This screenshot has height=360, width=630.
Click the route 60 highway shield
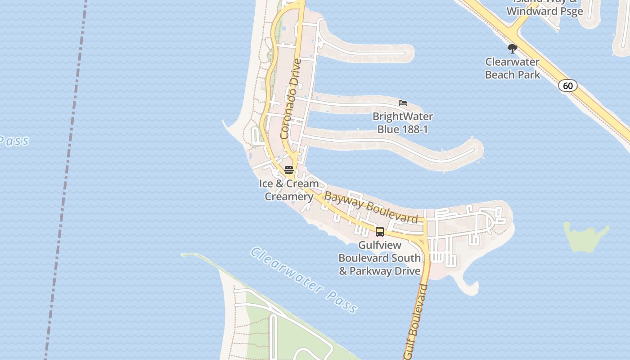[x=568, y=85]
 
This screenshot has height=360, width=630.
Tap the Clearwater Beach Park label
[x=513, y=68]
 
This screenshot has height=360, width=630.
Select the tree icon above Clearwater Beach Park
[x=512, y=48]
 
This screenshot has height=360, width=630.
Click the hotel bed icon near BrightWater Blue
[x=403, y=103]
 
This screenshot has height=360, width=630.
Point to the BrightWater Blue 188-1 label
[x=403, y=123]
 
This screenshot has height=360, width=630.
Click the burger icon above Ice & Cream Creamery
[x=289, y=170]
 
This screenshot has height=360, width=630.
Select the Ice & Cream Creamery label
[x=289, y=190]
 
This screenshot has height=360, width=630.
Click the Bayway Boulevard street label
[x=371, y=207]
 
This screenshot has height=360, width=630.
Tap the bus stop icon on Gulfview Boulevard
[x=380, y=232]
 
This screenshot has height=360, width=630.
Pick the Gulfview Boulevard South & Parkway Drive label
[x=380, y=258]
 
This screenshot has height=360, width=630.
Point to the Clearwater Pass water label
[x=304, y=279]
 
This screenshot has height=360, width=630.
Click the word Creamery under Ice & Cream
[x=289, y=197]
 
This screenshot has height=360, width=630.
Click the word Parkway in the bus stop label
[x=368, y=271]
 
